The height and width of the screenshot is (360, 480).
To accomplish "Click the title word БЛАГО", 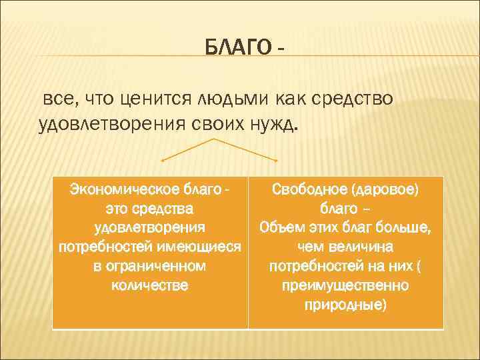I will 237,48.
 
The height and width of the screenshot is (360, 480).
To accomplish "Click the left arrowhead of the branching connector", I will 163,161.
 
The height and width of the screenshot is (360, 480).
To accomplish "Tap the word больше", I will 404,227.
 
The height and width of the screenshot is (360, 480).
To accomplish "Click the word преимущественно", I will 345,285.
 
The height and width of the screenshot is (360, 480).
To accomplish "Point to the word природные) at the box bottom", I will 345,305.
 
